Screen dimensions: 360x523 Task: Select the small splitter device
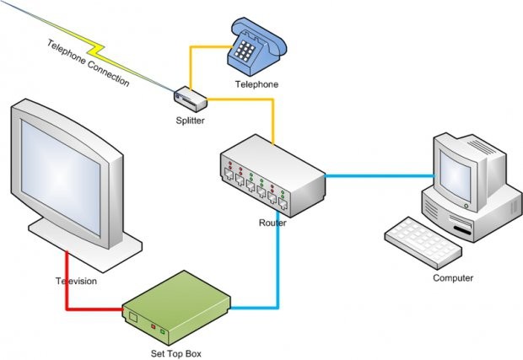tap(191, 98)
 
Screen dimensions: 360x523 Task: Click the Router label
tap(272, 223)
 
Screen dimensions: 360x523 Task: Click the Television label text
tap(77, 281)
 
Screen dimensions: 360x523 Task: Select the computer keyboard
tap(423, 240)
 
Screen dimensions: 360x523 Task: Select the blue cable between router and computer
tap(380, 176)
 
